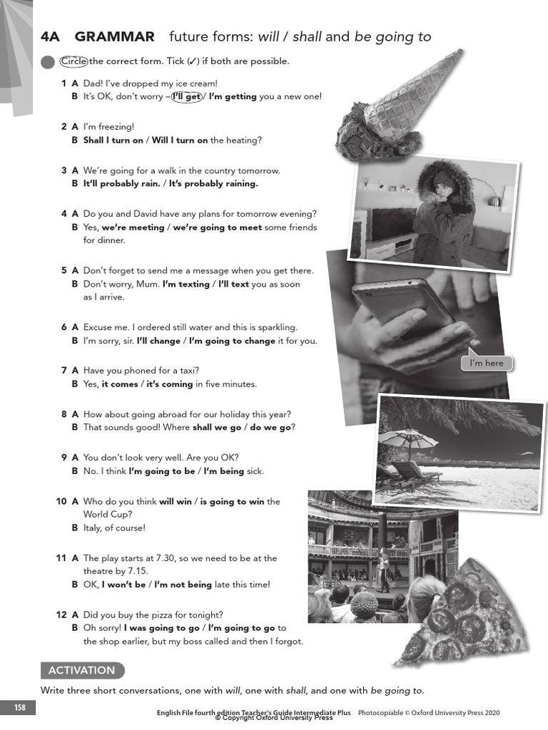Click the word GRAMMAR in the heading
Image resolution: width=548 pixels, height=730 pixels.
114,37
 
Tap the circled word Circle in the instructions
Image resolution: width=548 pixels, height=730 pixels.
73,61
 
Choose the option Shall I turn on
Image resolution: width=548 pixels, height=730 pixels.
113,140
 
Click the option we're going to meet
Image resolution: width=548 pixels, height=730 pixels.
213,227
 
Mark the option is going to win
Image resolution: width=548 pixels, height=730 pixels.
232,502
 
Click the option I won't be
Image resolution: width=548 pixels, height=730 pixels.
123,585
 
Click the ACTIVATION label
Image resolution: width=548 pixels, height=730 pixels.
81,670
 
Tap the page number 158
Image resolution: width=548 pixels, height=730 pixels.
20,707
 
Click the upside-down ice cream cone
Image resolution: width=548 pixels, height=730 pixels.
400,107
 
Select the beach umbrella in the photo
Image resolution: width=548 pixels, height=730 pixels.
407,436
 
